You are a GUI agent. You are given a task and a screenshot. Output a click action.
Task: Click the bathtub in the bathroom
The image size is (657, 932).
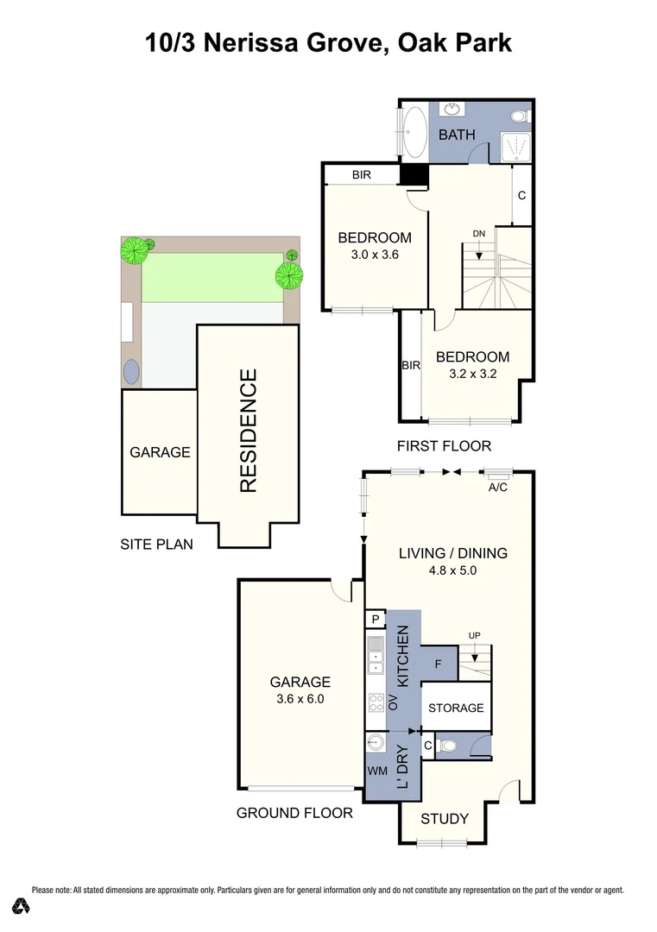[x=414, y=131]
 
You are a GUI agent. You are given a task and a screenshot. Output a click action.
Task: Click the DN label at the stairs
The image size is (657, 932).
[x=479, y=235]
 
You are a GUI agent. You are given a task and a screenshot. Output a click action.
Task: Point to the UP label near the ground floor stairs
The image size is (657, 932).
[x=474, y=636]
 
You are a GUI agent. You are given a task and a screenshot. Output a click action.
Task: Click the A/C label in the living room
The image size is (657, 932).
[x=497, y=487]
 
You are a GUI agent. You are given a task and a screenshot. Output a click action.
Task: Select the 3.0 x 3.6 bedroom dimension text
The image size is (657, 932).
[x=374, y=255]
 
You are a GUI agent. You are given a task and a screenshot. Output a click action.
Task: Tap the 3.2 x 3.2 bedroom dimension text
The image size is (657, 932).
[x=472, y=374]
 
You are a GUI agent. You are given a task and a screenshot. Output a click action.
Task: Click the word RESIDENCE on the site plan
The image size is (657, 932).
[x=249, y=431]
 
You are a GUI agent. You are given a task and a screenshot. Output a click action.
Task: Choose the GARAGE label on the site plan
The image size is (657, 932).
[x=160, y=452]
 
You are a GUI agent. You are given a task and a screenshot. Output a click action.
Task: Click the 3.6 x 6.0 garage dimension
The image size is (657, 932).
[x=300, y=700]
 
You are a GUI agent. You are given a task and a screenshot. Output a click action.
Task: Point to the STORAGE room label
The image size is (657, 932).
[x=456, y=708]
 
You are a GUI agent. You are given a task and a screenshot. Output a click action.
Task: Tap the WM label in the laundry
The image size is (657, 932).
[x=377, y=770]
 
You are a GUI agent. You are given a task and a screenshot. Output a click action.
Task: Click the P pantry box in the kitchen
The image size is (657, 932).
[x=376, y=619]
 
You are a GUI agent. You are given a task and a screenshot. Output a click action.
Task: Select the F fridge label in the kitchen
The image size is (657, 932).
[x=439, y=664]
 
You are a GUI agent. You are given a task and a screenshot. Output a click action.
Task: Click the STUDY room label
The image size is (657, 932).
[x=445, y=819]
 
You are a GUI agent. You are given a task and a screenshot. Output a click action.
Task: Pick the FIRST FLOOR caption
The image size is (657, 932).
[x=444, y=446]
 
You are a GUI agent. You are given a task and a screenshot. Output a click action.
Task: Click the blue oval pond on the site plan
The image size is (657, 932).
[x=131, y=371]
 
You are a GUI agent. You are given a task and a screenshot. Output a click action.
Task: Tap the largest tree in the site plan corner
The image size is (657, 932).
[x=134, y=251]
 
